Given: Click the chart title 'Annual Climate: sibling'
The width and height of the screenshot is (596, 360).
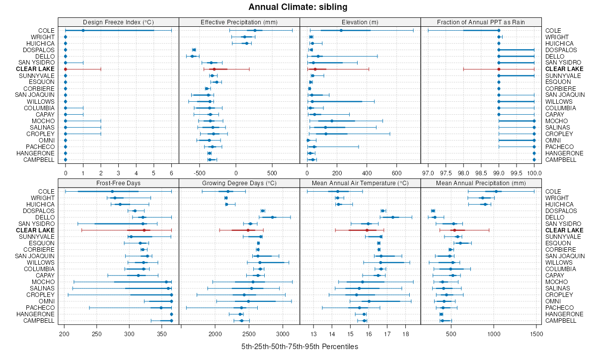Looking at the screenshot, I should point(298,7).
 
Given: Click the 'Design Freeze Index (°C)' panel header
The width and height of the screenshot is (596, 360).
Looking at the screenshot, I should point(118,22).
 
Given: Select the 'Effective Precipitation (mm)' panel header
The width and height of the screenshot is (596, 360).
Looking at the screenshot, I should point(239,22).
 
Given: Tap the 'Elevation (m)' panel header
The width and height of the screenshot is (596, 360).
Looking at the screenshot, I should point(360,22).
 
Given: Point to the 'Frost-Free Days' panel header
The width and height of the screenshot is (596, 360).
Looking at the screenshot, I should point(118,184).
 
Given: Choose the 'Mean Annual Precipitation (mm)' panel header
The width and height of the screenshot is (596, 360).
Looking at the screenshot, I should point(481,184).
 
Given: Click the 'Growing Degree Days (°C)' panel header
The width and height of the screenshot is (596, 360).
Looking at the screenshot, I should point(239,184).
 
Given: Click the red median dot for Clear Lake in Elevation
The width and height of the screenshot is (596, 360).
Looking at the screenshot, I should point(315,69).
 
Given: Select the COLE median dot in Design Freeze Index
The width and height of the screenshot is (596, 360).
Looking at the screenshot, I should point(83,30).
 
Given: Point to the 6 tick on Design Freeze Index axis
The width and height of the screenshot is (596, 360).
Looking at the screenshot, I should point(171,173).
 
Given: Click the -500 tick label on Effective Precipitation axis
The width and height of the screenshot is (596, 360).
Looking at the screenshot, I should point(200,173).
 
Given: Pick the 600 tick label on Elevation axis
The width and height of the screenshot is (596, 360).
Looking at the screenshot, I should point(396,173).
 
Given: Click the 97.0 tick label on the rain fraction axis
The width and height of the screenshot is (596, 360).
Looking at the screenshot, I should point(428,173).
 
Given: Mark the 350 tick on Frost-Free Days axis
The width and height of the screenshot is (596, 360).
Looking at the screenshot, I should point(171,334).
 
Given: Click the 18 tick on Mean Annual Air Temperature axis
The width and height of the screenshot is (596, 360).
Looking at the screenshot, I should point(405,334).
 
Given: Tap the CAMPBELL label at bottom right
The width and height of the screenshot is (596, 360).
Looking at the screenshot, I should point(561,321).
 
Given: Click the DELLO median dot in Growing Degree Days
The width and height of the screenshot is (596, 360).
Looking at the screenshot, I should point(272,217).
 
